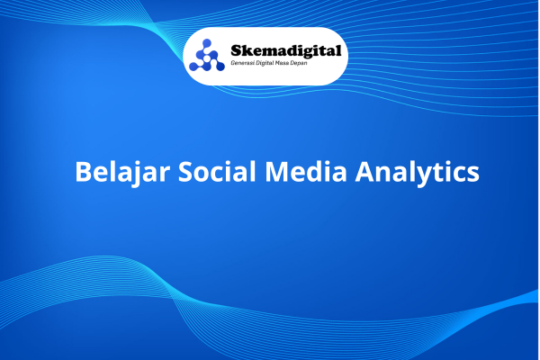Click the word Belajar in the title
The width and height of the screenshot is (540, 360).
pyautogui.click(x=122, y=172)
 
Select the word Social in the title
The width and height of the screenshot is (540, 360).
pyautogui.click(x=217, y=171)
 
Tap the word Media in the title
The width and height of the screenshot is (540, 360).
pyautogui.click(x=306, y=171)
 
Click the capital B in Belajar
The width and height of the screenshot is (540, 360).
pyautogui.click(x=83, y=171)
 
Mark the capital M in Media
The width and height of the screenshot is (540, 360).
pyautogui.click(x=277, y=171)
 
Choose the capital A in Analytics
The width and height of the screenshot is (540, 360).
pyautogui.click(x=365, y=171)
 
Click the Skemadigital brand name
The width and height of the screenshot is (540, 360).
pyautogui.click(x=286, y=51)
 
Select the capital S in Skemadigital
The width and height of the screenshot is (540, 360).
pyautogui.click(x=236, y=50)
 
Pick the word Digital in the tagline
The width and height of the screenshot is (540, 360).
pyautogui.click(x=265, y=63)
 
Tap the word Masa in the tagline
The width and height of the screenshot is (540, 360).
pyautogui.click(x=282, y=63)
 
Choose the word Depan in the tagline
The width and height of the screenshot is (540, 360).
pyautogui.click(x=299, y=63)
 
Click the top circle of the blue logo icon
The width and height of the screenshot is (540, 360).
pyautogui.click(x=207, y=43)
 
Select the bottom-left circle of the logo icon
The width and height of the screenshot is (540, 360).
pyautogui.click(x=193, y=67)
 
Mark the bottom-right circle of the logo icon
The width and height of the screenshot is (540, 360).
pyautogui.click(x=220, y=67)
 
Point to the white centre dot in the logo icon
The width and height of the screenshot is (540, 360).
pyautogui.click(x=207, y=58)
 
